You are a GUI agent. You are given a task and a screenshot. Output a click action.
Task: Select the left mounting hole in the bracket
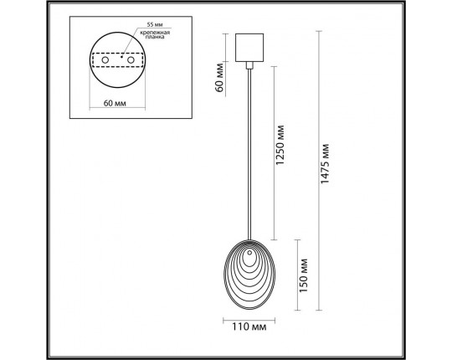click(x=106, y=60)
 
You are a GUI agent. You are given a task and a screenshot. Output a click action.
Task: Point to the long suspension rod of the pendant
click(x=251, y=151)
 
